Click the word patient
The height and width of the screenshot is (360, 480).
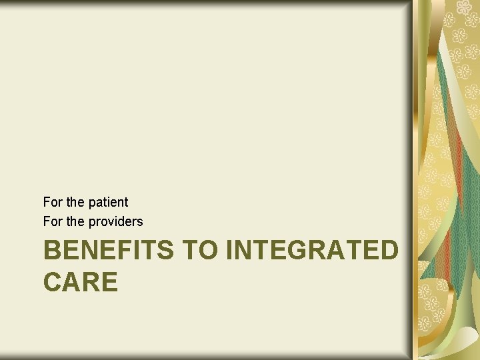coord(108,202)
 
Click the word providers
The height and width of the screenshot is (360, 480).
coord(115,221)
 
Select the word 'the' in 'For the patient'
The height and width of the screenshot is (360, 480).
coord(75,202)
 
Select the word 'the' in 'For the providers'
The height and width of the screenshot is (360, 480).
coord(75,221)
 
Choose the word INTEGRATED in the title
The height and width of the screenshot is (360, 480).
coord(313,251)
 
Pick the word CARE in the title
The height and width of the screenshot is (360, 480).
coord(81,281)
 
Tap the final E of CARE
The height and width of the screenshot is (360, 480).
coord(109,281)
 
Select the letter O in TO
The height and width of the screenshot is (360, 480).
coord(210,251)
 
